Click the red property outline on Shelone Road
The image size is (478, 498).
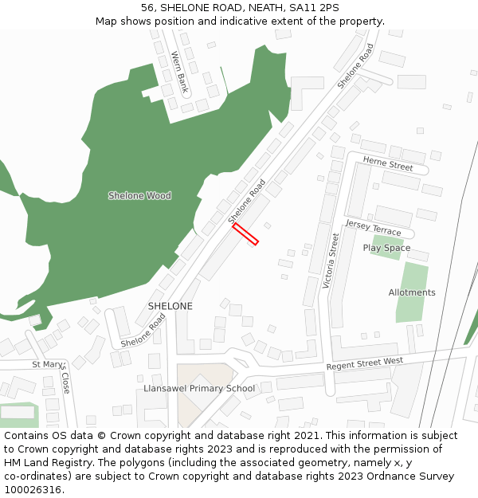point(245,233)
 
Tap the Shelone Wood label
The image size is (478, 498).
point(139,195)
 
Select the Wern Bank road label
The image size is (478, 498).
point(179,72)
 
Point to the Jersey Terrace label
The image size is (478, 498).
point(373,228)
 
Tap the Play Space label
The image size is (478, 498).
point(386,248)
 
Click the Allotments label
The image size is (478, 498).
point(412,292)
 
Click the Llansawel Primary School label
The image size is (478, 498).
point(199,389)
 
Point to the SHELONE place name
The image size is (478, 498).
point(170,306)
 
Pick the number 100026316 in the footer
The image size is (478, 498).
point(32,489)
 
